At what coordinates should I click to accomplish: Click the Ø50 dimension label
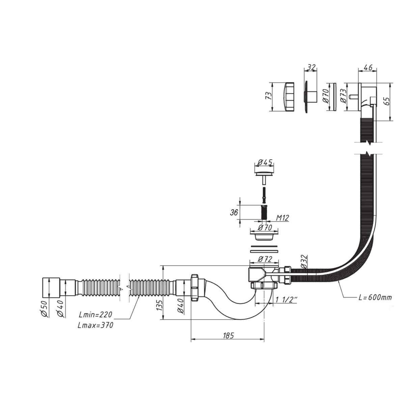tap(45, 309)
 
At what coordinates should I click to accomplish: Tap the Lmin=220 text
tap(96, 315)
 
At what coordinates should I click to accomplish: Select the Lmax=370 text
tap(96, 325)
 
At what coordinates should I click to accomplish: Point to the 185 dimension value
tap(228, 335)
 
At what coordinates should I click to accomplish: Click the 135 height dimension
tap(160, 305)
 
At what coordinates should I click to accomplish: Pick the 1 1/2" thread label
tap(286, 300)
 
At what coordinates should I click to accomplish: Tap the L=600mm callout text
tap(375, 297)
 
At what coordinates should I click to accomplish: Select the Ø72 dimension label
tap(265, 259)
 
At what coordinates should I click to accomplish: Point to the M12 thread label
tap(282, 218)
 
